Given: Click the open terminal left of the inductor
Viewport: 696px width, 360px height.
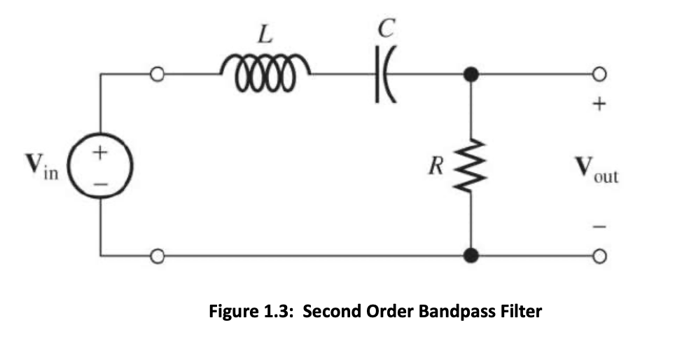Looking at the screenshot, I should pos(158,74).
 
